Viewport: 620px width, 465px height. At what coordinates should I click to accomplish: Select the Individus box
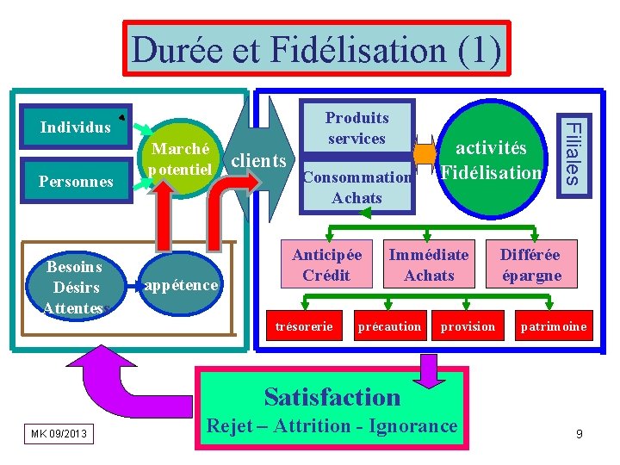pyautogui.click(x=76, y=127)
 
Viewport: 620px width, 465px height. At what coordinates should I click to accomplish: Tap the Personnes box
pyautogui.click(x=76, y=181)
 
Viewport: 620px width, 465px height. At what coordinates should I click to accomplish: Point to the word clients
pyautogui.click(x=259, y=160)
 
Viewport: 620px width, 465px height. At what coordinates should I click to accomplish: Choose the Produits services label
pyautogui.click(x=356, y=128)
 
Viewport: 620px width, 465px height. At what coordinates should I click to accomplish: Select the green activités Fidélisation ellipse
pyautogui.click(x=491, y=161)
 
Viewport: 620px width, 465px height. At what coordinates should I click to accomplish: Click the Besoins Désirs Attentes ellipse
pyautogui.click(x=76, y=287)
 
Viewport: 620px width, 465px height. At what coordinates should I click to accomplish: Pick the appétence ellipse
pyautogui.click(x=182, y=285)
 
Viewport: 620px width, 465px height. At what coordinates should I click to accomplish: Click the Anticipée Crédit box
pyautogui.click(x=326, y=264)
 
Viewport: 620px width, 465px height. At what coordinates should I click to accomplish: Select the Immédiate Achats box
pyautogui.click(x=429, y=264)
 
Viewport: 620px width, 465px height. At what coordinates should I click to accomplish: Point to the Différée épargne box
pyautogui.click(x=530, y=264)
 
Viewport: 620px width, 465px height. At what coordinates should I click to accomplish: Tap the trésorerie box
pyautogui.click(x=303, y=326)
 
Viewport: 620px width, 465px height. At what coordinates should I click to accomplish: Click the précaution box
pyautogui.click(x=389, y=326)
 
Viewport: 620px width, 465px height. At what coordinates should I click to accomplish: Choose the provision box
pyautogui.click(x=468, y=326)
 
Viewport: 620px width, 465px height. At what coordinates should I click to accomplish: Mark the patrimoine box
pyautogui.click(x=554, y=326)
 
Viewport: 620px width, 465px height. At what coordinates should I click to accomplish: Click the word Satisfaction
pyautogui.click(x=332, y=397)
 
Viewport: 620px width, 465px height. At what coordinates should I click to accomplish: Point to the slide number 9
pyautogui.click(x=580, y=434)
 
